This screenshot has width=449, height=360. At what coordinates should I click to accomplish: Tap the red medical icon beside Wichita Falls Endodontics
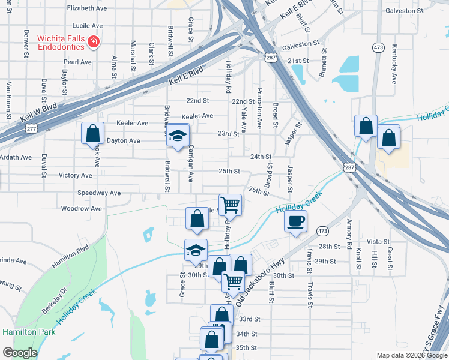[93, 42]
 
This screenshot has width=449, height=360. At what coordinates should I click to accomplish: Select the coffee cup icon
[295, 221]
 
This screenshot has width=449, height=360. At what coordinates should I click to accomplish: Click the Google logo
[20, 353]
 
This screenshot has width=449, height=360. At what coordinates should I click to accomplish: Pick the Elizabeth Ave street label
[87, 8]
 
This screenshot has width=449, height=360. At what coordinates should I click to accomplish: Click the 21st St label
[297, 61]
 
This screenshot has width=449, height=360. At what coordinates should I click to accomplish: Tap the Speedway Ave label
[99, 193]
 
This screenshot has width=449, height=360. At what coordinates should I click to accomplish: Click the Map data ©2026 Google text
[411, 355]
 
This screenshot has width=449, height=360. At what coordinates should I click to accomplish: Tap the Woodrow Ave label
[82, 209]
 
